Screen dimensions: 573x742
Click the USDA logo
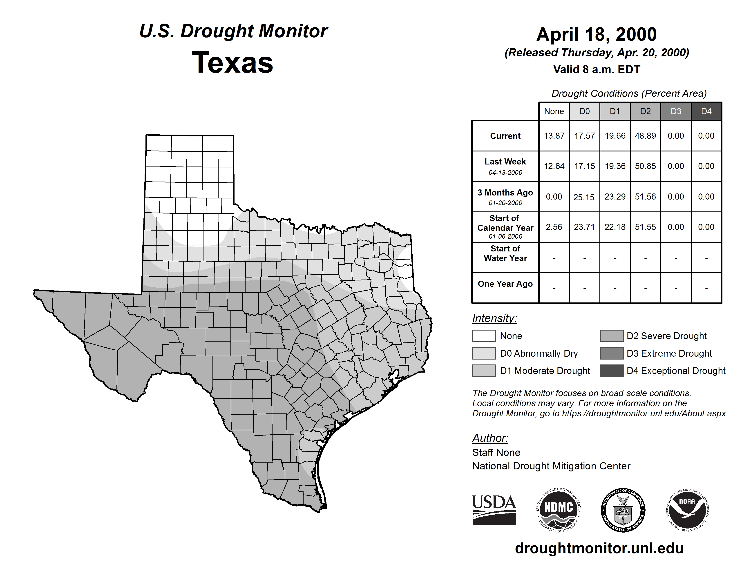tap(494, 510)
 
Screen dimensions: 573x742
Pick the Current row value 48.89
tap(645, 136)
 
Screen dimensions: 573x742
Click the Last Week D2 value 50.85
tap(645, 166)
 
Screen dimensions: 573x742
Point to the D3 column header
tap(676, 111)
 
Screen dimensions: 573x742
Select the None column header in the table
tap(554, 111)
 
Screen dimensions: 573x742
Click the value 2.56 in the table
tap(554, 227)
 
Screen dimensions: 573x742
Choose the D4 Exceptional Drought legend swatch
tap(612, 371)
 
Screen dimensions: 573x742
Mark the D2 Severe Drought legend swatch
tap(612, 336)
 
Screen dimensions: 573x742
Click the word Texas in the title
tap(232, 62)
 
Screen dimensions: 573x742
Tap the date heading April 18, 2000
tap(597, 34)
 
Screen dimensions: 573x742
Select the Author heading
tap(490, 438)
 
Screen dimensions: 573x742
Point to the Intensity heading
tap(494, 318)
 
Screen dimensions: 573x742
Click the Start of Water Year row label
tap(505, 253)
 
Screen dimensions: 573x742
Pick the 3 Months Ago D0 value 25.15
tap(584, 197)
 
